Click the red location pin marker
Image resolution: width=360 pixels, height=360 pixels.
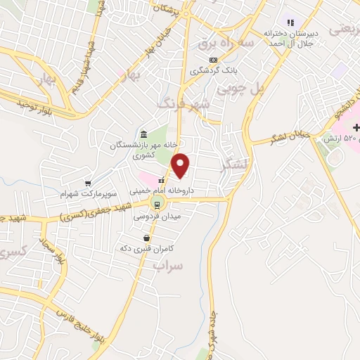pos(181,165)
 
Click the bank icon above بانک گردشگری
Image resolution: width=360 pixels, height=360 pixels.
pos(213,60)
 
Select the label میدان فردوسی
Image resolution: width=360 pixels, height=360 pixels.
pos(161,216)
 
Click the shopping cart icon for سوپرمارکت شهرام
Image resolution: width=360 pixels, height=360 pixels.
pos(88,181)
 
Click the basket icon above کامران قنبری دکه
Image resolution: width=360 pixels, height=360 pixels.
pos(146,238)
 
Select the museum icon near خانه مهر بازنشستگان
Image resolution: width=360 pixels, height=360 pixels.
pos(143,134)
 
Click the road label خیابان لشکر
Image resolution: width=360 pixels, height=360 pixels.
pos(292,136)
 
